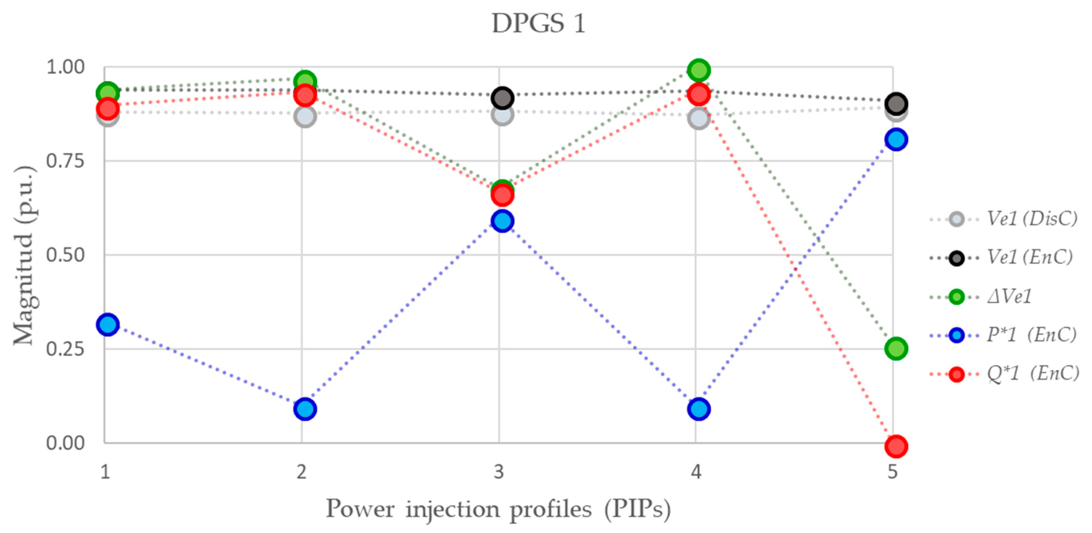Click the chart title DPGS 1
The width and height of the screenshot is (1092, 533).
click(538, 23)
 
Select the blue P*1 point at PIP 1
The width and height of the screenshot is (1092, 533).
click(108, 324)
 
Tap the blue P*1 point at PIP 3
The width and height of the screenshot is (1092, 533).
click(502, 221)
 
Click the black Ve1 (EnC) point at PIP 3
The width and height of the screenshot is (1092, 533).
click(502, 98)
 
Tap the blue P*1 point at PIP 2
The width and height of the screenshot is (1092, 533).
click(305, 409)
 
